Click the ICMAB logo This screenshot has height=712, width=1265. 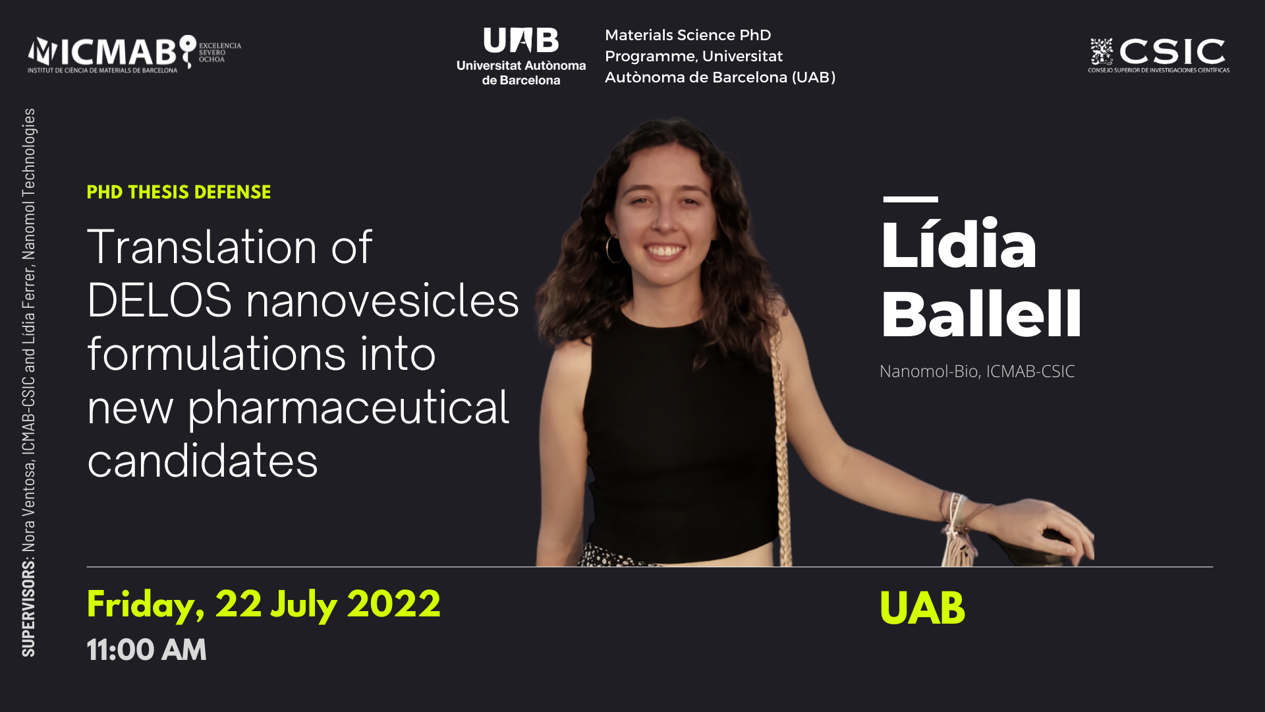(x=134, y=53)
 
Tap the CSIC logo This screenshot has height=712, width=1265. (x=1158, y=55)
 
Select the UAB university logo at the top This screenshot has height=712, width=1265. (x=521, y=57)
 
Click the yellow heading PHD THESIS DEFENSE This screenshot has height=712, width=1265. (x=179, y=192)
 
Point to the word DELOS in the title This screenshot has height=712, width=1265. (x=159, y=301)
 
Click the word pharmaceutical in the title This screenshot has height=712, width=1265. (x=349, y=409)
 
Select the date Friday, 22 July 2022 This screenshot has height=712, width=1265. (x=264, y=605)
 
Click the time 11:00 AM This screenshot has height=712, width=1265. (x=146, y=650)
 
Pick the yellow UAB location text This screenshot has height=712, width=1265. (x=922, y=608)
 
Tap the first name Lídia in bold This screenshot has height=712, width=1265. (x=959, y=244)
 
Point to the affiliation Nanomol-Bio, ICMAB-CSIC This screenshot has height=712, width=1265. (x=977, y=371)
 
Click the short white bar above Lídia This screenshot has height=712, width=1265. (x=911, y=199)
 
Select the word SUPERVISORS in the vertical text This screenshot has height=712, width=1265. (x=28, y=608)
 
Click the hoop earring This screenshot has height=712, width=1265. (x=613, y=250)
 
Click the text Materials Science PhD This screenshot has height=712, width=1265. (x=688, y=35)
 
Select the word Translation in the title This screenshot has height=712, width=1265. (x=202, y=247)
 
